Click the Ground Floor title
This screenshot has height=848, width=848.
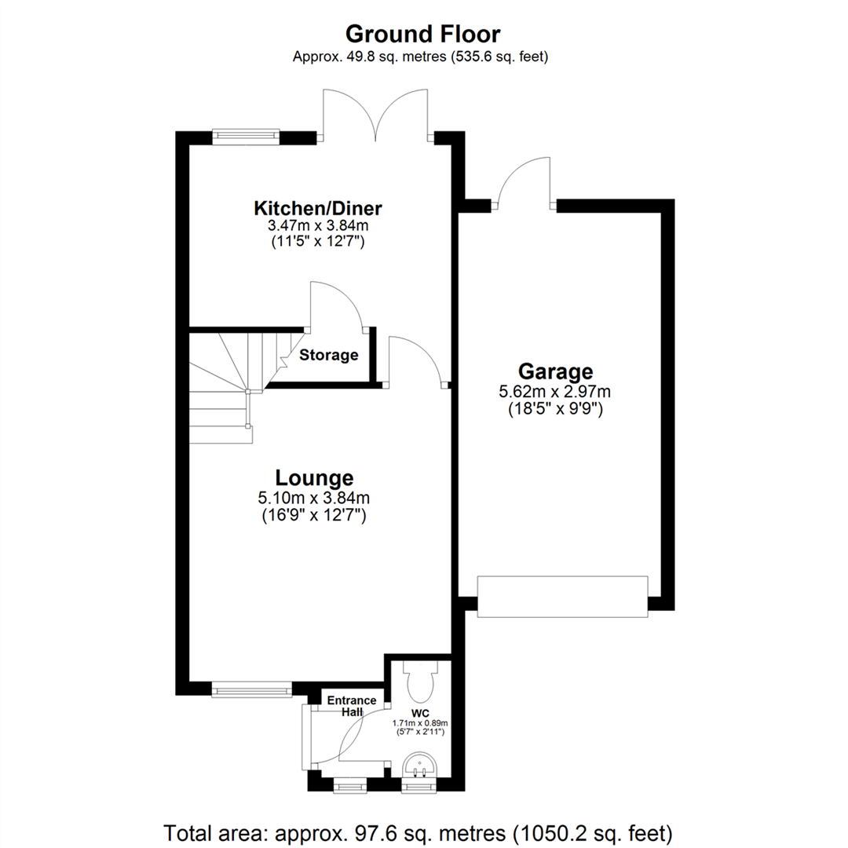pos(423,34)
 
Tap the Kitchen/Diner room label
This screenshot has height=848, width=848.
pos(317,209)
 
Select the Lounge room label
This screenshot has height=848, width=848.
pos(314,477)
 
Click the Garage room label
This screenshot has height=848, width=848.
pos(555,371)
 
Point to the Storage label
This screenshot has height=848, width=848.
pos(328,355)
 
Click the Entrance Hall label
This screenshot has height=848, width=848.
pos(351,705)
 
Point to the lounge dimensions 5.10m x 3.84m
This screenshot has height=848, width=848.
pos(314,497)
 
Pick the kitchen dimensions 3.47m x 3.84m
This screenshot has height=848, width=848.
pos(317,226)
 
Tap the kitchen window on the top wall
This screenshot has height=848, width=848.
pos(247,137)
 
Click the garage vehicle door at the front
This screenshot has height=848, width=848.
pos(563,597)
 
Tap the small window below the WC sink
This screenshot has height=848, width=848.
pos(417,784)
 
